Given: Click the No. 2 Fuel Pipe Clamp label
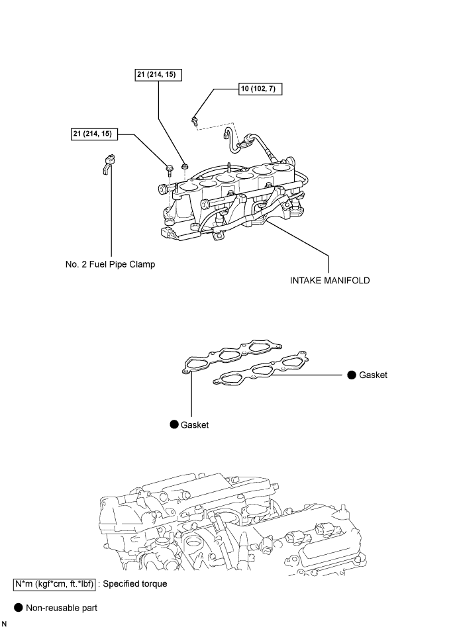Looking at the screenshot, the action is click(110, 264).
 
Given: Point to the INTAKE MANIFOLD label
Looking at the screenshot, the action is click(330, 281).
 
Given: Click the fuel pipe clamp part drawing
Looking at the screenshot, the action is click(107, 164).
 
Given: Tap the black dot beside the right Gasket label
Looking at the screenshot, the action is click(352, 375).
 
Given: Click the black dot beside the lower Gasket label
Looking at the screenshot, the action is click(174, 424).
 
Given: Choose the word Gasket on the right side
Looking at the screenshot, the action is click(373, 375).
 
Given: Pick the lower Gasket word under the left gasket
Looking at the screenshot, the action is click(195, 425).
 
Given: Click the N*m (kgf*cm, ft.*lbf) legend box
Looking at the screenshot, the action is click(54, 584).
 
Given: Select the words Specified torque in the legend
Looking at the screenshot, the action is click(135, 584).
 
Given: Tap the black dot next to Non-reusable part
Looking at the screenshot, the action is click(19, 607).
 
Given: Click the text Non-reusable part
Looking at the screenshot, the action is click(62, 608).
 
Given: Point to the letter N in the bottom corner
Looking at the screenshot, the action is click(4, 624).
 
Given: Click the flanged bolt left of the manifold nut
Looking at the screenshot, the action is click(169, 169).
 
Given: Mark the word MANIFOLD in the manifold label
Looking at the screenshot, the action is click(346, 281).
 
